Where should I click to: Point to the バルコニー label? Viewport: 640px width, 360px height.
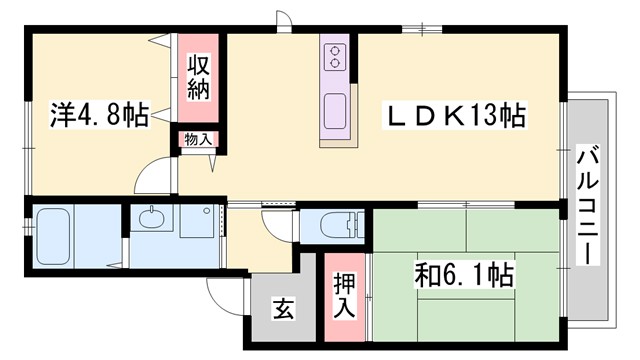tap(587, 205)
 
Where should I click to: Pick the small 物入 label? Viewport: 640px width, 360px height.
tap(196, 140)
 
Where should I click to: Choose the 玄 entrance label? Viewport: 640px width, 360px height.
tap(282, 311)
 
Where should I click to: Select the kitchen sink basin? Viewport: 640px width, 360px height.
tap(334, 107)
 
